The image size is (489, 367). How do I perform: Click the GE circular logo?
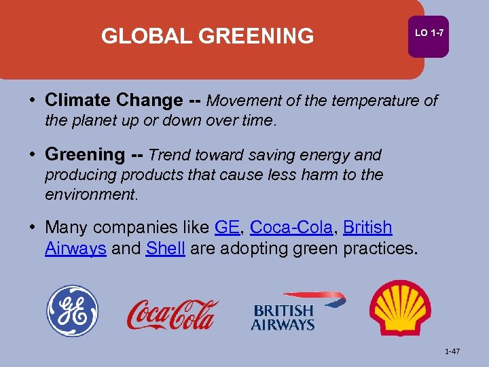[x=72, y=311]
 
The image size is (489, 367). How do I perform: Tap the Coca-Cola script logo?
[x=173, y=314]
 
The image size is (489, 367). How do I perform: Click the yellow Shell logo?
[x=400, y=308]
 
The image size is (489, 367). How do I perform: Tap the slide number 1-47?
[x=452, y=351]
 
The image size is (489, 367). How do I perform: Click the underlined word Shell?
[x=165, y=249]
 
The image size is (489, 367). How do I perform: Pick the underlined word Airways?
[x=75, y=249]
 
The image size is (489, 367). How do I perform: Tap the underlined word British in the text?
[x=367, y=227]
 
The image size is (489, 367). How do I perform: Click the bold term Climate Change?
[x=113, y=101]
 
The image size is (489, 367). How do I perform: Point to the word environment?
[x=90, y=194]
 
